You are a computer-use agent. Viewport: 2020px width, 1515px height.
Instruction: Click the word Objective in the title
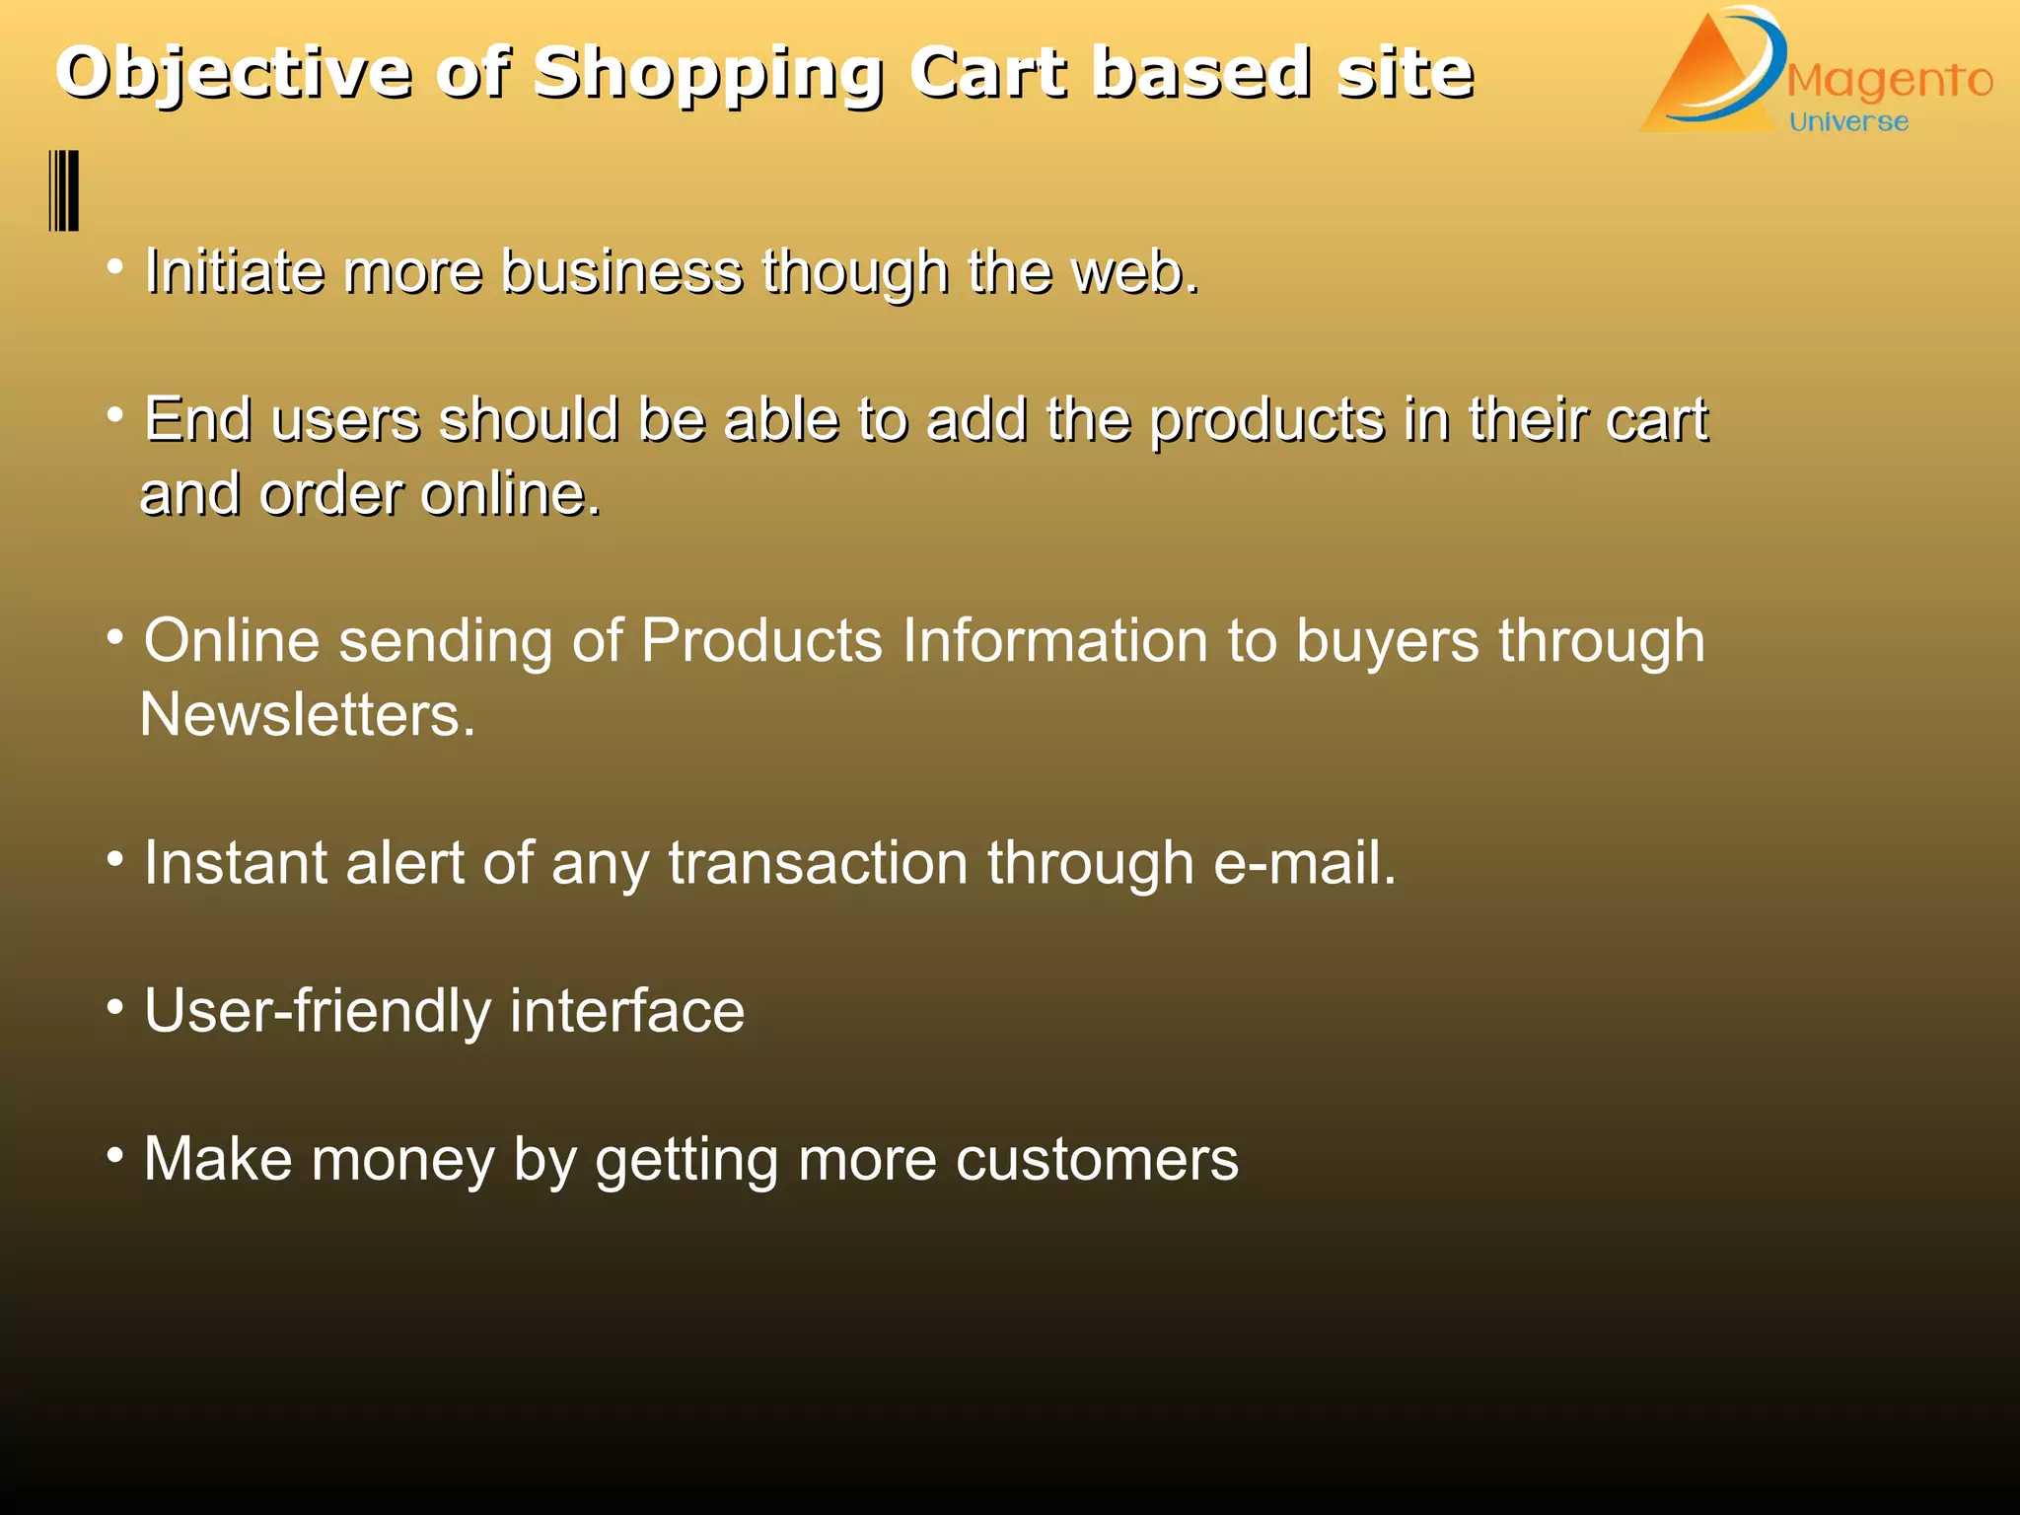(234, 73)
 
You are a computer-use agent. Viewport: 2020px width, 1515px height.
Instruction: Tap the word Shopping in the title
(707, 75)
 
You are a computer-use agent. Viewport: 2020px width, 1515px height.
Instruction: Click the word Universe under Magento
(1848, 122)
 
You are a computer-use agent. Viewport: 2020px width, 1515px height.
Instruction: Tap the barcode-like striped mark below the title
(64, 190)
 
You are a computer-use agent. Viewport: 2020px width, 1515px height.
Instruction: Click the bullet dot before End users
(115, 414)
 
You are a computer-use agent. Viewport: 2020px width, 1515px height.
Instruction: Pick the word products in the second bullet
(1267, 421)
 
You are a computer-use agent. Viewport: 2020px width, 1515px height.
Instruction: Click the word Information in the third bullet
(1054, 641)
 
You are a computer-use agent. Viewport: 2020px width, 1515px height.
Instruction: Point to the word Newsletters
(307, 714)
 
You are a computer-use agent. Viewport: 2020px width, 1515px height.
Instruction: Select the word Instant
(235, 863)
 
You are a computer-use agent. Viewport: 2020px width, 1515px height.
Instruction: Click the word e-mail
(1304, 863)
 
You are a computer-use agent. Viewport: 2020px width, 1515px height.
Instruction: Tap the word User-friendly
(318, 1011)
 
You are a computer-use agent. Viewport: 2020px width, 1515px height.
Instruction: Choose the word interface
(627, 1011)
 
